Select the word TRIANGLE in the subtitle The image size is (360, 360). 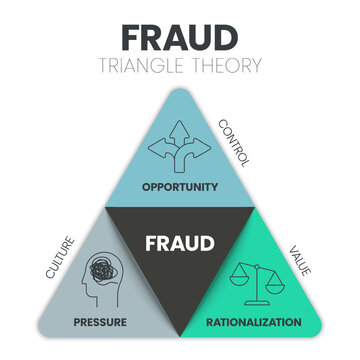click(x=150, y=66)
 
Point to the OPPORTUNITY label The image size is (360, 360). click(x=180, y=186)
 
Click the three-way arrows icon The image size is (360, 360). click(x=180, y=151)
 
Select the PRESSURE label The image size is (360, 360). click(x=99, y=322)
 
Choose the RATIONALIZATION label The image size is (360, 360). click(x=253, y=322)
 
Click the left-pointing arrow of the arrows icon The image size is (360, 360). click(x=157, y=152)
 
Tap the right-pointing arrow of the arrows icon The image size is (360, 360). click(x=203, y=152)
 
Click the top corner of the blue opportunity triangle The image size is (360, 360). click(x=180, y=93)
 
